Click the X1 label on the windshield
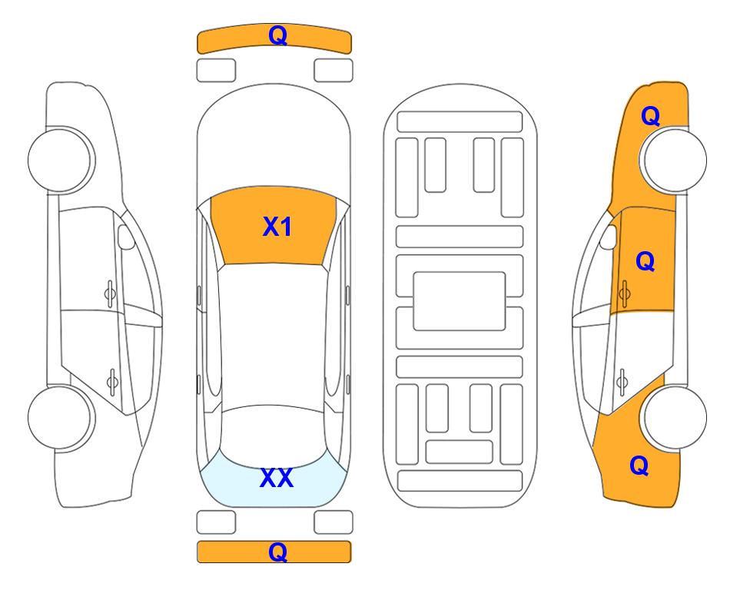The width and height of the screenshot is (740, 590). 277,227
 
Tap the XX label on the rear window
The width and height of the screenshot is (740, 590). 277,478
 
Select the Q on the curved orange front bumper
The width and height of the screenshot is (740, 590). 277,35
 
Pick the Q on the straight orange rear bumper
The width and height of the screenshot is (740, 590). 277,552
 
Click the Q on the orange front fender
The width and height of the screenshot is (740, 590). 650,116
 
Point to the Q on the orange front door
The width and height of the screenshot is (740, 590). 645,261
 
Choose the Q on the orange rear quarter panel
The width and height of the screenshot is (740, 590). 639,466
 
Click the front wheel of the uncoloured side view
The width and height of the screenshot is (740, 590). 60,160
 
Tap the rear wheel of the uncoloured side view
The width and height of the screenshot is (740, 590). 60,417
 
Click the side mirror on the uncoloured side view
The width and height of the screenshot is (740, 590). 125,237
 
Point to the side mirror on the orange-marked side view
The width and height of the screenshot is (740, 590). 609,237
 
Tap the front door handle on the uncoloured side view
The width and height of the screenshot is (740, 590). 110,294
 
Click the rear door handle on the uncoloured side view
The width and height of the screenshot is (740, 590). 112,381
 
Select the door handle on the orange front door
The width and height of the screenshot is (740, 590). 625,294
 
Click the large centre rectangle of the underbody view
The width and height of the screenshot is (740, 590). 460,301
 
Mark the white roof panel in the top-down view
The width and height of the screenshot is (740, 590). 273,336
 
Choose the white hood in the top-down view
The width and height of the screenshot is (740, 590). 274,141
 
